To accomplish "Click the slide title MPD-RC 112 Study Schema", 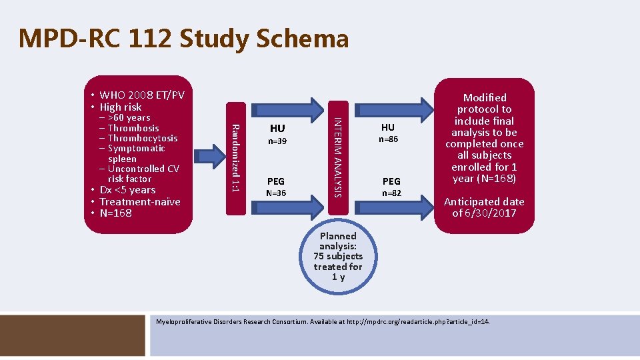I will click(183, 39).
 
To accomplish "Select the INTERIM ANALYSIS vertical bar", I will click(338, 158).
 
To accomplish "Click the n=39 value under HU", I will click(277, 141).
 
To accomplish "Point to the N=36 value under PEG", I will click(277, 193).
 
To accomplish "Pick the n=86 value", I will click(388, 140).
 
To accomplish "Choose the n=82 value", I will click(391, 193).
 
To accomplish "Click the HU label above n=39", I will click(277, 128).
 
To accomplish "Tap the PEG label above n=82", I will click(391, 181).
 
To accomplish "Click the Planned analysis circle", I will click(339, 257).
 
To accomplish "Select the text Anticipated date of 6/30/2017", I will click(484, 207).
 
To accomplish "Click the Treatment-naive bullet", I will click(139, 201).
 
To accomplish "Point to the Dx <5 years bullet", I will click(127, 190).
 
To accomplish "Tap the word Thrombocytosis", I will click(142, 138).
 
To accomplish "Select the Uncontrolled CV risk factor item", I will click(143, 173).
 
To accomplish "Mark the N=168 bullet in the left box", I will click(115, 213).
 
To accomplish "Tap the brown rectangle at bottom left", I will click(74, 334).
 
